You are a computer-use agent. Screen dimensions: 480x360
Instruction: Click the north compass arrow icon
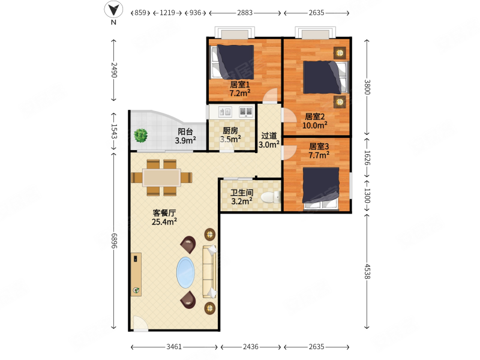click(x=113, y=10)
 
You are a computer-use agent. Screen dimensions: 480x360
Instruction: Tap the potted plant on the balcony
click(x=141, y=136)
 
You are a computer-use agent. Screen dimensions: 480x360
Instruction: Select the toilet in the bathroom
click(x=271, y=197)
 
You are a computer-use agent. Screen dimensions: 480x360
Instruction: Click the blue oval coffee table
click(x=185, y=272)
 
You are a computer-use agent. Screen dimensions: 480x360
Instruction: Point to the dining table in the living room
click(x=161, y=178)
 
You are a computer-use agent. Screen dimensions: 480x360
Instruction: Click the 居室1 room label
click(x=239, y=84)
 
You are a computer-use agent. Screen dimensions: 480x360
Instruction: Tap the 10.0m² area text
click(x=314, y=125)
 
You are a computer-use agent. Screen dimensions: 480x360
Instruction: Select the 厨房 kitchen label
click(x=230, y=131)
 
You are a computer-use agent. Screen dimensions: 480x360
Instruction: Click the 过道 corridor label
click(x=269, y=136)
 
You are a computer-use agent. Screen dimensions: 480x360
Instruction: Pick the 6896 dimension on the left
click(x=114, y=241)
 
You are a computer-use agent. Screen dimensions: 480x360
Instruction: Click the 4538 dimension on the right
click(x=367, y=272)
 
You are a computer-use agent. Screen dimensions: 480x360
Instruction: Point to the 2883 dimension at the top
click(x=245, y=13)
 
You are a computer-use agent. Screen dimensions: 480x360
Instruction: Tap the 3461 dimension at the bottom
click(x=174, y=347)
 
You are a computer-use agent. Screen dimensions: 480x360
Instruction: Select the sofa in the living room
click(x=209, y=272)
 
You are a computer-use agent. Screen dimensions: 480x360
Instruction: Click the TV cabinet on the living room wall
click(x=136, y=274)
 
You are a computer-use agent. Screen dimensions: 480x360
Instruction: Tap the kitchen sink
click(x=225, y=112)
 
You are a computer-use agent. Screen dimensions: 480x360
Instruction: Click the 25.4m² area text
click(x=164, y=221)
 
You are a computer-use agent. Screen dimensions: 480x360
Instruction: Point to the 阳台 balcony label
click(x=185, y=131)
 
